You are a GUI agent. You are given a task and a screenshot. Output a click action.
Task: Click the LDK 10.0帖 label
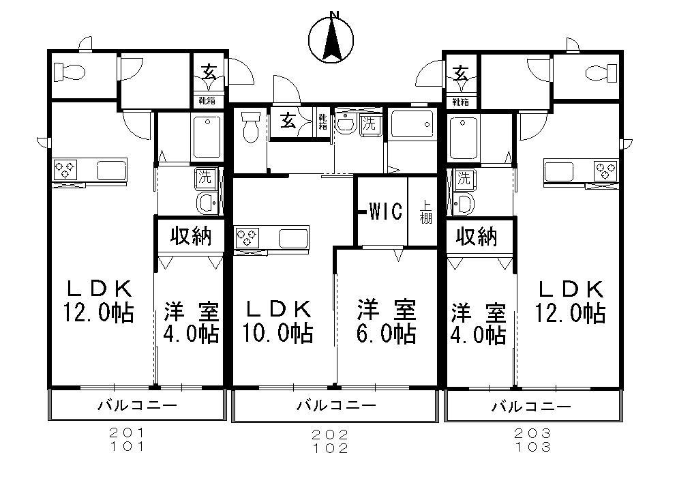coord(278,321)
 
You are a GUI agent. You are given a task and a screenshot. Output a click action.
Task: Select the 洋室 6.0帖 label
coord(387,321)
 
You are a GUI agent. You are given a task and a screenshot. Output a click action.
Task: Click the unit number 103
coord(532,448)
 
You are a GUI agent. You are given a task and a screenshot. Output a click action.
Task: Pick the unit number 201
coord(127,433)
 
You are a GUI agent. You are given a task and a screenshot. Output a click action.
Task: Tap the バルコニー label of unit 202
coord(335,406)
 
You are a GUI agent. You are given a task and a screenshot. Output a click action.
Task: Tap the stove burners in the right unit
coord(605,169)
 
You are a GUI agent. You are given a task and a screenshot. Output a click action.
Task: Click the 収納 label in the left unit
coord(190,236)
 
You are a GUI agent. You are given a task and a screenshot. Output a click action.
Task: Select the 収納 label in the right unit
coord(477,236)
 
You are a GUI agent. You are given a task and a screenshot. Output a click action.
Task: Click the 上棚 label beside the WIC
coord(425,211)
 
